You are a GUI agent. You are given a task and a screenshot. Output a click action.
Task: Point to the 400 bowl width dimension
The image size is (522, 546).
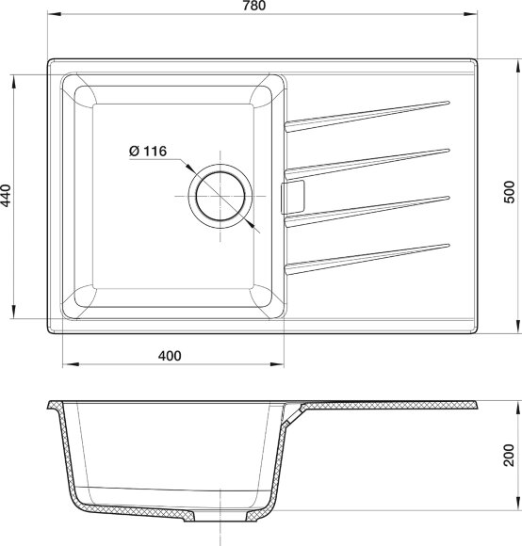coord(170,356)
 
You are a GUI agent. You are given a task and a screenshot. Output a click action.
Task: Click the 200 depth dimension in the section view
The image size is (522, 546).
coord(510,459)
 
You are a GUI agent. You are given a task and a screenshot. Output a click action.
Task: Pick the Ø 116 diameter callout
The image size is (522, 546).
coord(145,151)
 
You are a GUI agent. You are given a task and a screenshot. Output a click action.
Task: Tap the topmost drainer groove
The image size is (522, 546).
coord(367,113)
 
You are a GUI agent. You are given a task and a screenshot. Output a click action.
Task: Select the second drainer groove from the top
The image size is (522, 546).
coord(367,159)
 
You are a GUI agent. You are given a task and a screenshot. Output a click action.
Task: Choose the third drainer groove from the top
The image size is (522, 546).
coord(367,209)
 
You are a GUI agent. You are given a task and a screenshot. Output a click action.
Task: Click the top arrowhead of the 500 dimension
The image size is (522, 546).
coord(516,62)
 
